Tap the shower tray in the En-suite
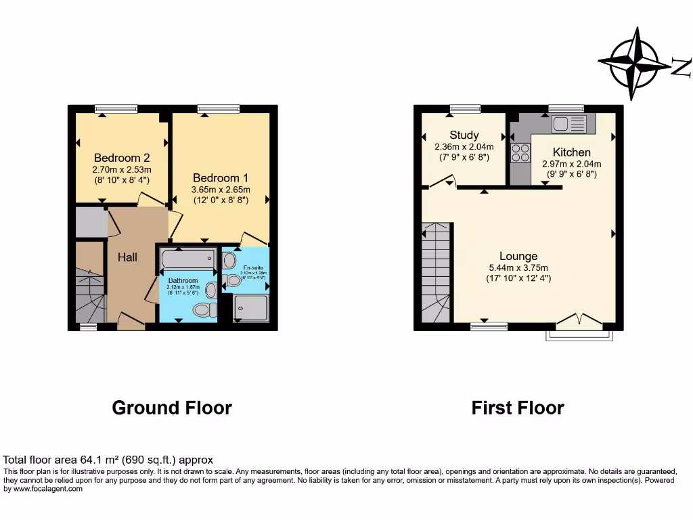251,309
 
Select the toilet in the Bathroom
201,310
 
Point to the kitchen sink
568,123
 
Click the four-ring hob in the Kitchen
520,153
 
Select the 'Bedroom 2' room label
122,158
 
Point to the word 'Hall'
127,257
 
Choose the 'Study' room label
464,135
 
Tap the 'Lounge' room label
518,256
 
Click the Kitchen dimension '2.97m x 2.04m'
571,164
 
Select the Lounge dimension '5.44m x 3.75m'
518,267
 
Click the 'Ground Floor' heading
172,408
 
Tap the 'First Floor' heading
518,408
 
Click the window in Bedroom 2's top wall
116,108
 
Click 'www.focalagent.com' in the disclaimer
43,488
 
